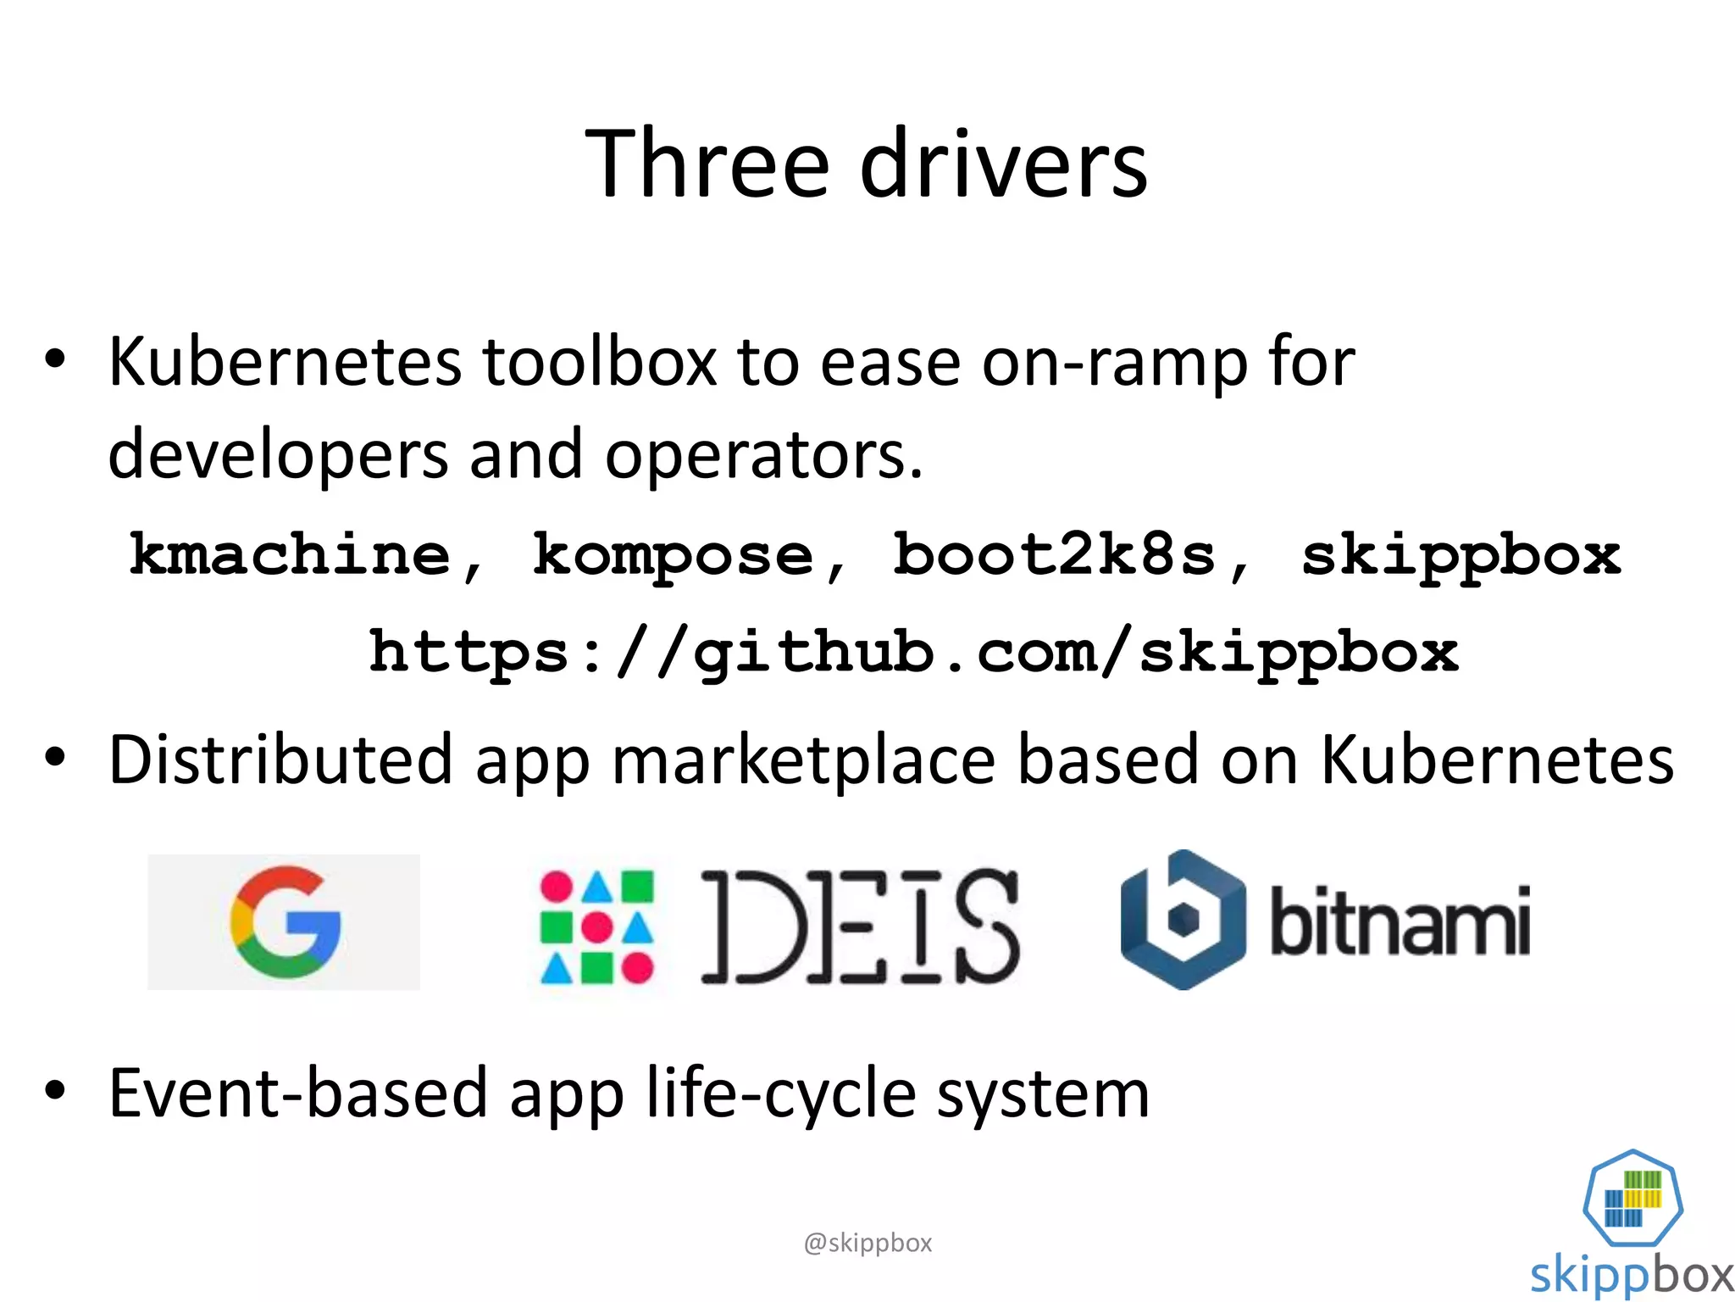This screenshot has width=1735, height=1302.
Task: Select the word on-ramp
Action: [x=1115, y=362]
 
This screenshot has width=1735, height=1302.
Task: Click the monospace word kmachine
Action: [x=291, y=555]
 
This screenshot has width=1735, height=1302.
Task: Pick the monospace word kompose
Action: [x=673, y=555]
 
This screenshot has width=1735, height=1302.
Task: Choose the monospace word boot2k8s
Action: [x=1056, y=555]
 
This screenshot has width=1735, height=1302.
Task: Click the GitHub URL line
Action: [x=913, y=653]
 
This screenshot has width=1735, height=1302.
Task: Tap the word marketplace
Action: [x=803, y=759]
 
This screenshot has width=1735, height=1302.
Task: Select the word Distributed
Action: [x=280, y=759]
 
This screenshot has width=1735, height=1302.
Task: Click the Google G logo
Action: [x=285, y=921]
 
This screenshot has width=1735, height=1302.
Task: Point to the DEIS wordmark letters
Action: [x=859, y=926]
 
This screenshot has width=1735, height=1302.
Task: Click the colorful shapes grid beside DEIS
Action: [x=596, y=926]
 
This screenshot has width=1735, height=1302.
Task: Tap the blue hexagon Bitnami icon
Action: [x=1183, y=921]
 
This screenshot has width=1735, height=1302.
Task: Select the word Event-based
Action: [x=298, y=1093]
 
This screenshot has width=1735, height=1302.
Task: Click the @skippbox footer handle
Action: [x=867, y=1243]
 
